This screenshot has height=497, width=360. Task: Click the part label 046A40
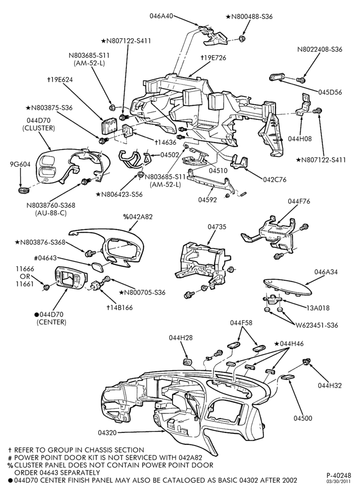point(162,16)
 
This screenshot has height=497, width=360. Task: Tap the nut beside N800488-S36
point(242,39)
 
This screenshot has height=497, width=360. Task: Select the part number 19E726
point(215,58)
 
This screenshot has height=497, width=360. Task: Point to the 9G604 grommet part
point(23,190)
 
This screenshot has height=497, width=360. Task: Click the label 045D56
point(330,92)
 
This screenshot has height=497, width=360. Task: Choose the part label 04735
point(217,227)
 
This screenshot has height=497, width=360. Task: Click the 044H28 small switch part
point(187,362)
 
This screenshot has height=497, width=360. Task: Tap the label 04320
point(107,432)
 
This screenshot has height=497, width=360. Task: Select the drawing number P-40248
point(339,476)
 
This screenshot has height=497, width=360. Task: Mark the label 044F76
point(299,201)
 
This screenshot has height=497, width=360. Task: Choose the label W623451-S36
point(317,325)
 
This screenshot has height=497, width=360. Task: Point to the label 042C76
point(274,179)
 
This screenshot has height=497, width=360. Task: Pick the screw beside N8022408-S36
point(301,80)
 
